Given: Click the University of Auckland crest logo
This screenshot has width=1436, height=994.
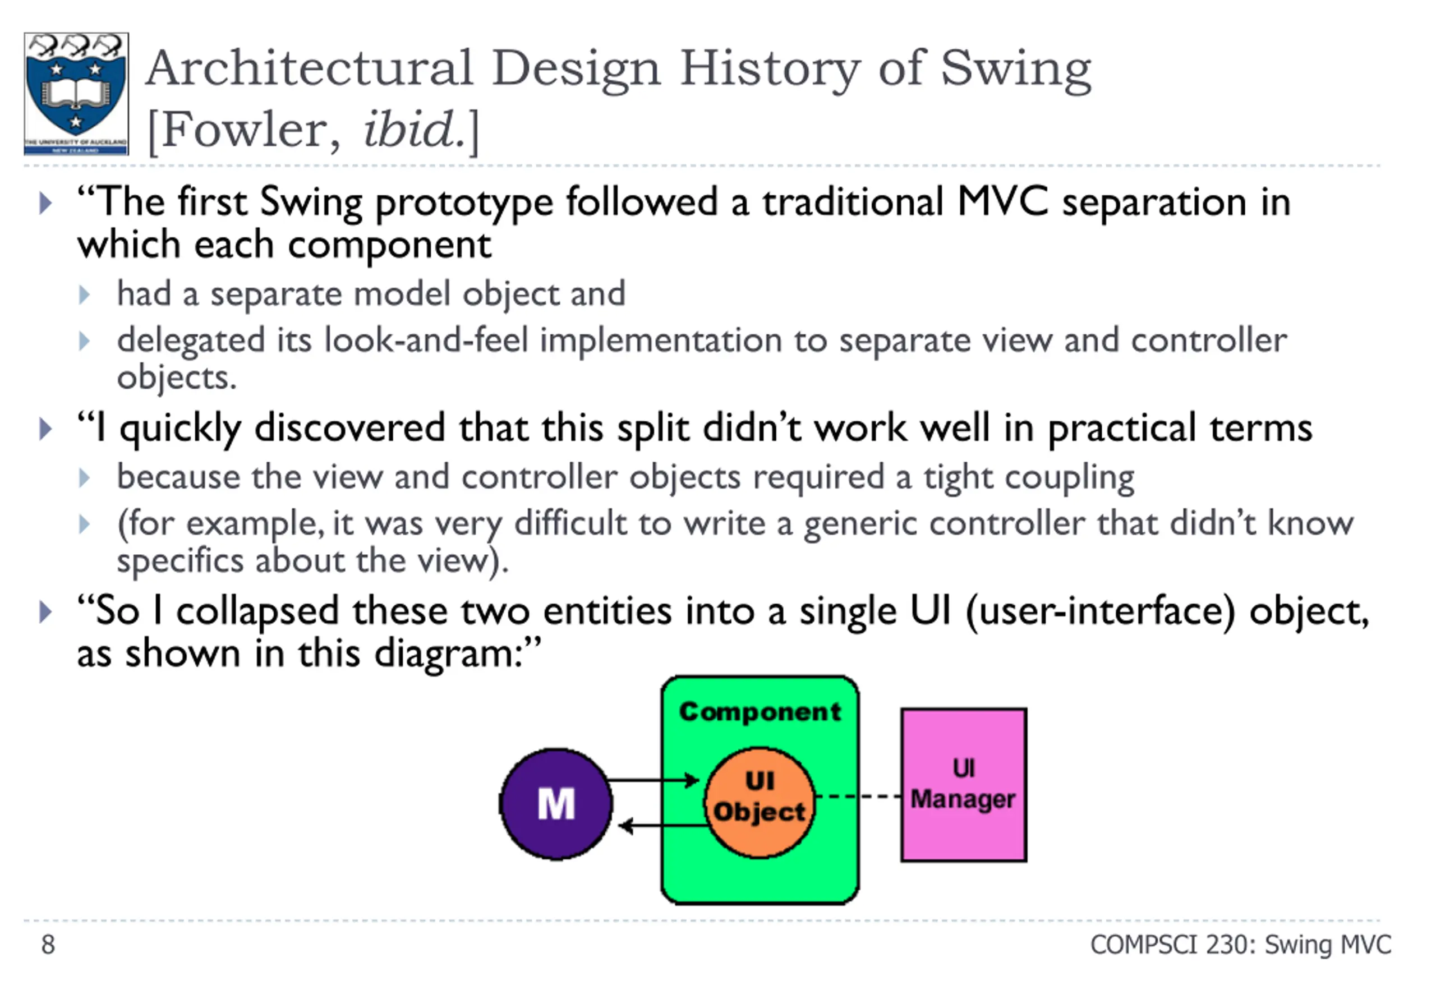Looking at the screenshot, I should [x=76, y=94].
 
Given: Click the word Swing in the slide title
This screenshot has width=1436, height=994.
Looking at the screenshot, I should [x=1015, y=70].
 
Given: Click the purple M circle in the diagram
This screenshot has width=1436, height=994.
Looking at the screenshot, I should [x=555, y=803].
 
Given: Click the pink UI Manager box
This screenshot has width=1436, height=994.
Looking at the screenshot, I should [x=963, y=785].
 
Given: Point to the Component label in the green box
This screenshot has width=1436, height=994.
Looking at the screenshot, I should [x=759, y=711].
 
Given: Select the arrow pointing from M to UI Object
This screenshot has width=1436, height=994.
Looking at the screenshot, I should [x=654, y=780].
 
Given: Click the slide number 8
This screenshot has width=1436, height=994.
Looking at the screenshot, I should [x=48, y=944].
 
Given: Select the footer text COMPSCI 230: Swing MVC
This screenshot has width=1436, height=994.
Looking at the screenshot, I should [x=1240, y=944].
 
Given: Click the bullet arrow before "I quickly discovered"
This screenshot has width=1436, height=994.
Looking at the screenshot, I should [x=45, y=429].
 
